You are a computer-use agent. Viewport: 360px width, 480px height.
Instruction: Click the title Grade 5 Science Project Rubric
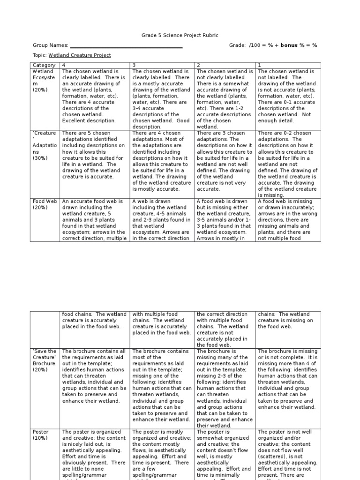point(180,35)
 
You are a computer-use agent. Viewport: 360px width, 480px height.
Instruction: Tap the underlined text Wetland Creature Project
point(80,55)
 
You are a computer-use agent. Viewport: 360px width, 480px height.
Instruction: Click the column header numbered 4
point(64,65)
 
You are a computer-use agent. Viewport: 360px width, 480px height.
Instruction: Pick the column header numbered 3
point(134,65)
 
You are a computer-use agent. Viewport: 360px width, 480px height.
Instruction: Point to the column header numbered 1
point(260,65)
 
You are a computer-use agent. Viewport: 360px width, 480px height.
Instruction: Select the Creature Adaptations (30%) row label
point(45,145)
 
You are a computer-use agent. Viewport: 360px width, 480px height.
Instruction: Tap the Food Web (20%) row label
point(45,204)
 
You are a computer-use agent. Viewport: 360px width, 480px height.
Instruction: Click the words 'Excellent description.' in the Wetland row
point(86,120)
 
